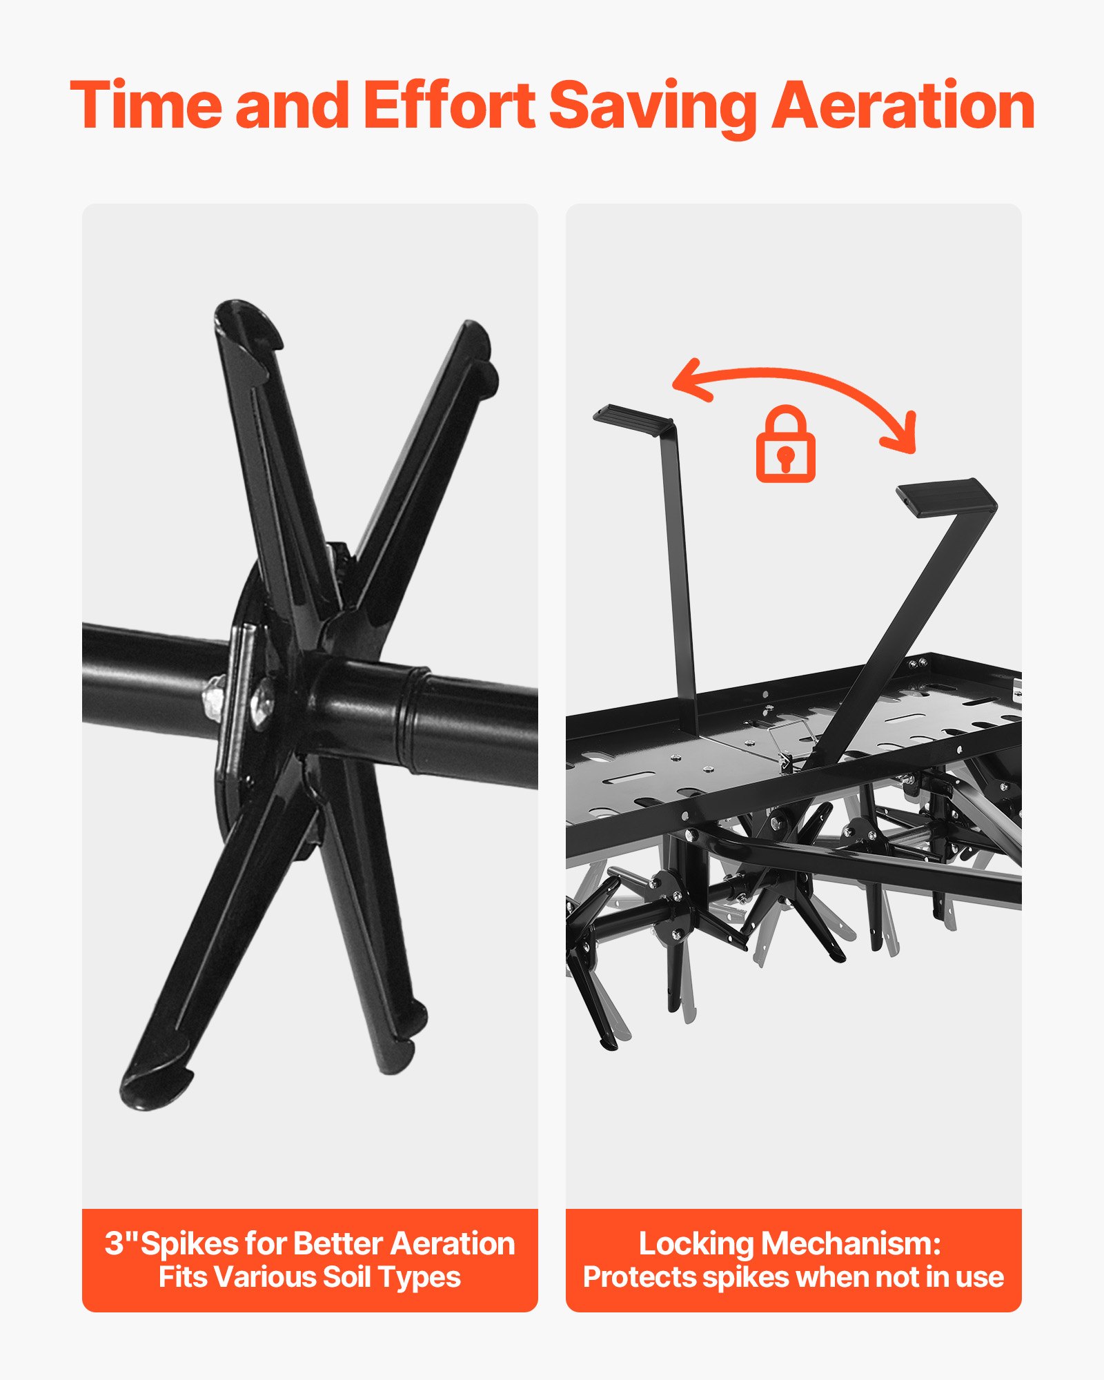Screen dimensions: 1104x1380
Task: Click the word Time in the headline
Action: click(146, 105)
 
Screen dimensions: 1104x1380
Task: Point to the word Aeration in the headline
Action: click(903, 105)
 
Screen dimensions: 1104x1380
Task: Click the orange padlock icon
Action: click(785, 444)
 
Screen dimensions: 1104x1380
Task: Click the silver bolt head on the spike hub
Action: click(262, 702)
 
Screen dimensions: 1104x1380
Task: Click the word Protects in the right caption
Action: click(640, 1278)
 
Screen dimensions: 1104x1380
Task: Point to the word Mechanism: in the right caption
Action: click(851, 1243)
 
